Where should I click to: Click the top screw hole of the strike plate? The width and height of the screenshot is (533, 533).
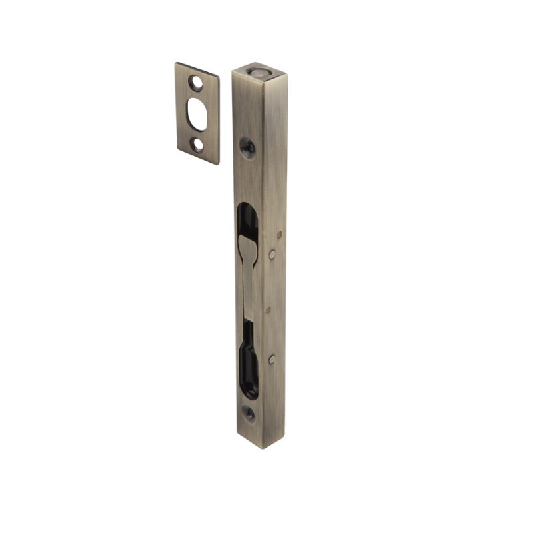point(196,83)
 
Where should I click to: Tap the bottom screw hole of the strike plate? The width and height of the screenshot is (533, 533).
point(197,144)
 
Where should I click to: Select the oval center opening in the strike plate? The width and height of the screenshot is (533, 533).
point(197,113)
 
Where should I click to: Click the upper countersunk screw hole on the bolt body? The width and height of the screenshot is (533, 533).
point(247,146)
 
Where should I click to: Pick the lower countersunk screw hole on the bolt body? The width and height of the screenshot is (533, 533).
point(248,413)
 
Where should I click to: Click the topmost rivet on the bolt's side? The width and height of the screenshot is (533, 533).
point(278,235)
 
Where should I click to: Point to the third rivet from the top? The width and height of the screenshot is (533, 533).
point(268,310)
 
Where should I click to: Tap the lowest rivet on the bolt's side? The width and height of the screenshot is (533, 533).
point(272,359)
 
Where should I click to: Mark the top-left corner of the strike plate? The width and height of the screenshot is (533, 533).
point(176,63)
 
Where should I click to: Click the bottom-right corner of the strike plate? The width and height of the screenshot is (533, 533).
point(219,164)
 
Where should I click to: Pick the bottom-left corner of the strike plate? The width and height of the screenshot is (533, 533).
point(177,154)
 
